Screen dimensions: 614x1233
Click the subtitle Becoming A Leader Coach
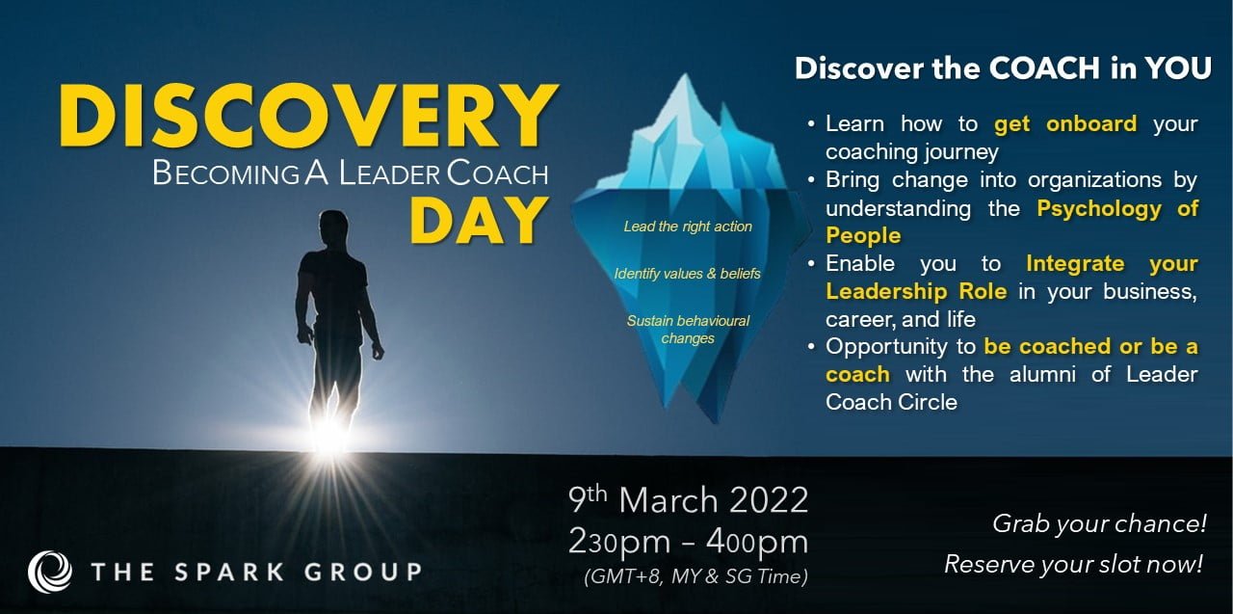pos(350,174)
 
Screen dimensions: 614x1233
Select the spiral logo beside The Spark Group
pos(50,571)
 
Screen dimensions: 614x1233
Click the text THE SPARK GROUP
pos(255,572)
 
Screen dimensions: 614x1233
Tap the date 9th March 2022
pos(688,500)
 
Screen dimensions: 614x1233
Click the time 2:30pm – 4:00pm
pos(688,542)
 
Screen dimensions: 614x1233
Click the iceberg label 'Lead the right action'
pos(688,227)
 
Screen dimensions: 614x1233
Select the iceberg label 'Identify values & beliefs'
pos(687,274)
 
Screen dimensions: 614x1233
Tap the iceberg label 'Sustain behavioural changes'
pos(688,329)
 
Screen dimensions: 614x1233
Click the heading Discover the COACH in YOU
pos(1003,69)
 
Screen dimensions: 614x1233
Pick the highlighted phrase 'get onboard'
pos(1065,124)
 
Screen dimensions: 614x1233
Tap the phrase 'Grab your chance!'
pos(1099,524)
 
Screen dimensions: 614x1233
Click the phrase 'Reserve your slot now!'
pos(1073,564)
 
